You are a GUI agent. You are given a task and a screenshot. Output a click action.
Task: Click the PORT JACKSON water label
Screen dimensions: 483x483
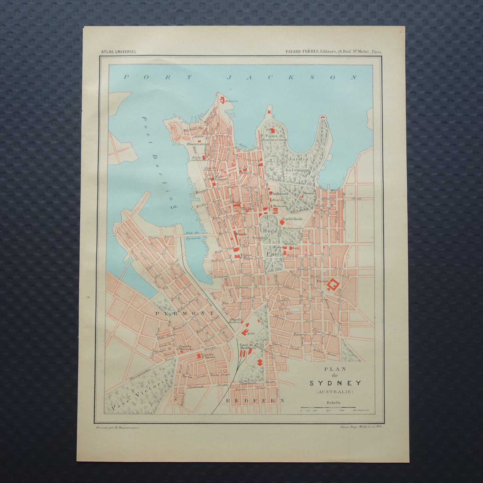coord(240,77)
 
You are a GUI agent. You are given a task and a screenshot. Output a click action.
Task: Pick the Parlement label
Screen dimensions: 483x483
coord(279,194)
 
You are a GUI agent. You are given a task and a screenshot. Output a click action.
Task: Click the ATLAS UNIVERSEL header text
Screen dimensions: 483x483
coord(121,51)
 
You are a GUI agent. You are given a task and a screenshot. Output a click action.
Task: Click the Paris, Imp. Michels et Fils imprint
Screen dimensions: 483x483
coord(360,427)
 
